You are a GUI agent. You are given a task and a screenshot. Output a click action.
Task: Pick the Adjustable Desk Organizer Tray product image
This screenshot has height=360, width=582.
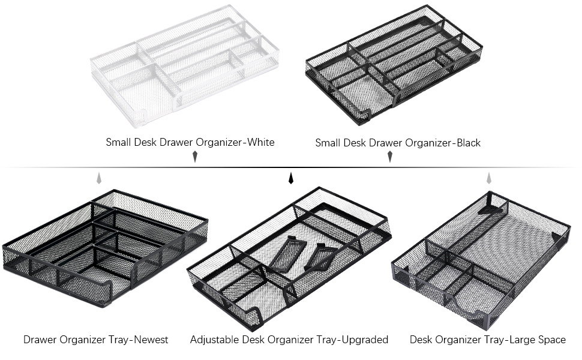pos(289,258)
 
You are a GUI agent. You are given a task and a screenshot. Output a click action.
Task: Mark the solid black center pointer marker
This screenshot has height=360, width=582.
pos(291,178)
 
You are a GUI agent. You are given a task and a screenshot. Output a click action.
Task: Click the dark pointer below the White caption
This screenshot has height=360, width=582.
pos(194,157)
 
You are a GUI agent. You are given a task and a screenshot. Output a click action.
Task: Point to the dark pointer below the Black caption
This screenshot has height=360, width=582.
pos(390,157)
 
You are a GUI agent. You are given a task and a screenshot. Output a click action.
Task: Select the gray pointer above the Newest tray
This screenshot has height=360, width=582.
pos(99,178)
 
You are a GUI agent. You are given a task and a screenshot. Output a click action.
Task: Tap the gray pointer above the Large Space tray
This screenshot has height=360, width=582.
pos(489,178)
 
